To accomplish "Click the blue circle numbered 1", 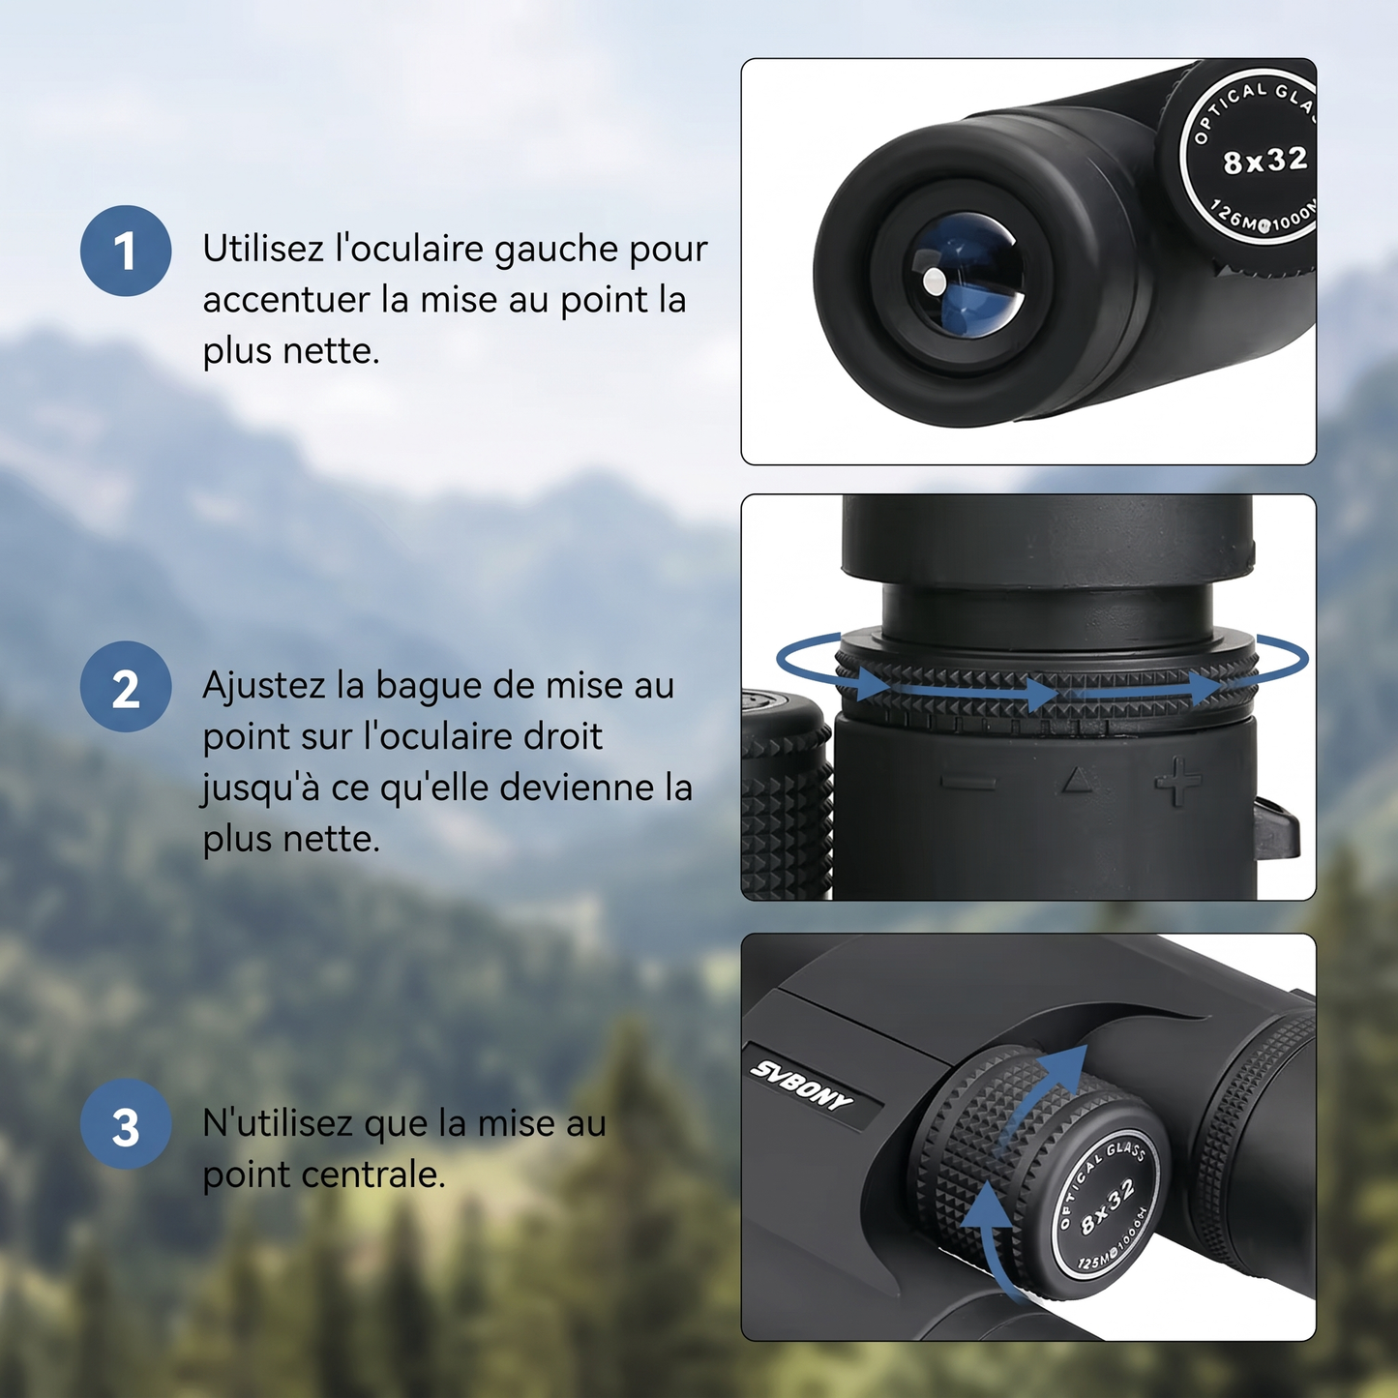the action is tap(126, 251).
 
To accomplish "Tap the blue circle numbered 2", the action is tap(126, 686).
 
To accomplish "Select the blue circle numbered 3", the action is tap(126, 1124).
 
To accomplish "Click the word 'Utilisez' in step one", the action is tap(262, 249).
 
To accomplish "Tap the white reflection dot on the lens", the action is tap(935, 282).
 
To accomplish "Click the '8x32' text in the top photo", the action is tap(1265, 161).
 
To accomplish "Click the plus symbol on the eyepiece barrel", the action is tap(1177, 782).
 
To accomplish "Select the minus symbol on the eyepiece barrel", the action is tap(967, 782).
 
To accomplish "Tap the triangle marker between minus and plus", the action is tap(1077, 780).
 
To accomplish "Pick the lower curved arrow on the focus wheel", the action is tap(993, 1238).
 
